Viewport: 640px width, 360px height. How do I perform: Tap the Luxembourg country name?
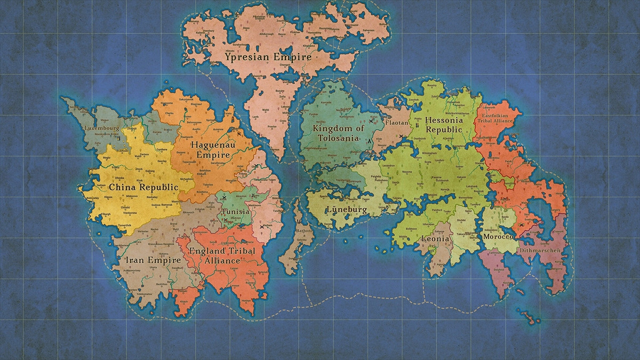coord(101,129)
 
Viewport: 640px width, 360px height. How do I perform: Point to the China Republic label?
coord(142,187)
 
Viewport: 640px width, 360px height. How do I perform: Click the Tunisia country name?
coord(235,212)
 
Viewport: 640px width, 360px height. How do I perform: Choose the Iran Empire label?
coord(153,260)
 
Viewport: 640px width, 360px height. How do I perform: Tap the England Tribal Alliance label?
coord(230,255)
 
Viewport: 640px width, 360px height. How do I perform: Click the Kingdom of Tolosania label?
coord(338,133)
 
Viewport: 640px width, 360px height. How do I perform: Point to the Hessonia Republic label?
coord(444,125)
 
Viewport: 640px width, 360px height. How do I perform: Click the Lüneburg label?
coord(347,210)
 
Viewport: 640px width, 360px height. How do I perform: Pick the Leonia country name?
coord(436,239)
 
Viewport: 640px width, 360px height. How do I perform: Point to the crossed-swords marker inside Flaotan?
coord(401,137)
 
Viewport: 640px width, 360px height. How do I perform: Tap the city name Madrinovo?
coord(255,205)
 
